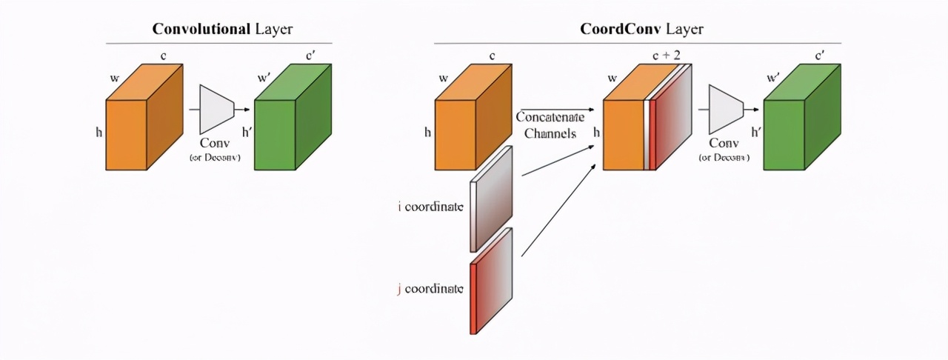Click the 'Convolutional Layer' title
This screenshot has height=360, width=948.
(222, 30)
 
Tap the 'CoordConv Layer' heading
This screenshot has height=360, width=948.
(641, 30)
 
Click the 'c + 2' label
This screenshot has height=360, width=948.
(666, 56)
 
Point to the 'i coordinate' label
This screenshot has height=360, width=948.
(430, 207)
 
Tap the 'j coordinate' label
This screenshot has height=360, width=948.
(430, 288)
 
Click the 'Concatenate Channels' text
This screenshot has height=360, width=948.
(550, 125)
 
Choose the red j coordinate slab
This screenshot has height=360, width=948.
(491, 281)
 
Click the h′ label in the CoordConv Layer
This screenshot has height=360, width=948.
(756, 133)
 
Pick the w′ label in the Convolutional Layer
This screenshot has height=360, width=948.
(264, 77)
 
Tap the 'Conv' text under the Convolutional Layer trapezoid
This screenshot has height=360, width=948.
(215, 143)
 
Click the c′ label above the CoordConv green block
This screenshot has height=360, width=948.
(820, 56)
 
